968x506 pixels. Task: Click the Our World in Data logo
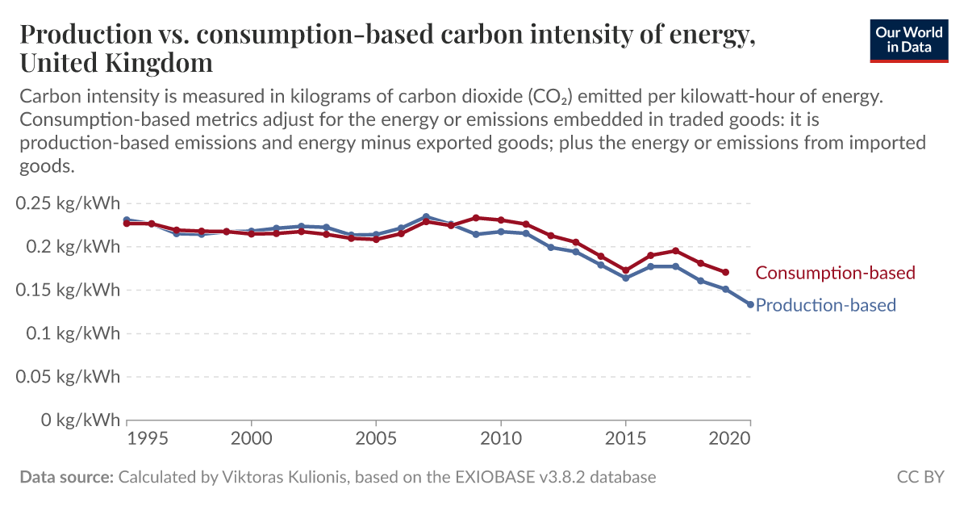[908, 40]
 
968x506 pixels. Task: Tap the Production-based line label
[825, 305]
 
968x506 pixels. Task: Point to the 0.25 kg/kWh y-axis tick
[68, 203]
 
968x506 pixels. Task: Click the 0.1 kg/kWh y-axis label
[68, 333]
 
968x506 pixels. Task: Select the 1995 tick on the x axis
[152, 438]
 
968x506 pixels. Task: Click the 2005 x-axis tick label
[376, 438]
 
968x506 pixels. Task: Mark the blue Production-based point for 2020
[750, 304]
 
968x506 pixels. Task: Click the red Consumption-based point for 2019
[726, 272]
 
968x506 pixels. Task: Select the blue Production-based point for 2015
[626, 278]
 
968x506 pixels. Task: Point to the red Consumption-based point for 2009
[476, 218]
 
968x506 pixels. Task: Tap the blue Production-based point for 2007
[426, 216]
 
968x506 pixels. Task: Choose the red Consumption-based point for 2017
[676, 251]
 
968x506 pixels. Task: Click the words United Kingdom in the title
[116, 62]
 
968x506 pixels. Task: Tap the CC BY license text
[920, 477]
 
